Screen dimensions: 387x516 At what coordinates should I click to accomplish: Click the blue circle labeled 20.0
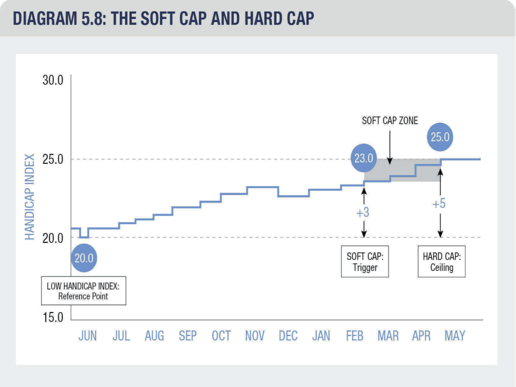[x=84, y=258]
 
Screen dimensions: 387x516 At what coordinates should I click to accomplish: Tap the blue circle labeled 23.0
[x=363, y=158]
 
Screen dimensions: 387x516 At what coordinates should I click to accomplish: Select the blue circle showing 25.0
[x=440, y=137]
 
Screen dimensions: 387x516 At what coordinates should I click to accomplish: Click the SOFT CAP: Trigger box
[x=365, y=262]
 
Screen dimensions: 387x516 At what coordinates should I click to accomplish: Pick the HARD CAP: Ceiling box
[x=441, y=262]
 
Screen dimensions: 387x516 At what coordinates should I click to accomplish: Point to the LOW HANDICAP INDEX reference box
[x=83, y=291]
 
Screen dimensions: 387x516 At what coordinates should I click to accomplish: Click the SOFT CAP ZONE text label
[x=390, y=121]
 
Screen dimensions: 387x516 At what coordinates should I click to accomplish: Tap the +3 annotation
[x=363, y=213]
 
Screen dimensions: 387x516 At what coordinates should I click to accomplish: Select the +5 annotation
[x=439, y=204]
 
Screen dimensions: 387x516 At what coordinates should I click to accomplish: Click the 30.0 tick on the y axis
[x=53, y=80]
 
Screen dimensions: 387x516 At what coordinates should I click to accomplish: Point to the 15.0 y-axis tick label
[x=53, y=317]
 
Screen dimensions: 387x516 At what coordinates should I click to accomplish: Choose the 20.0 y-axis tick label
[x=53, y=238]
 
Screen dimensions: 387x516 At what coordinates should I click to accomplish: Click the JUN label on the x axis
[x=88, y=336]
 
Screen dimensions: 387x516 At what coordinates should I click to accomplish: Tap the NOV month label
[x=255, y=336]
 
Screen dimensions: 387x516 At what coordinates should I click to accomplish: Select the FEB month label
[x=355, y=336]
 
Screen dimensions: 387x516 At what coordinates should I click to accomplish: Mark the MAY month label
[x=455, y=336]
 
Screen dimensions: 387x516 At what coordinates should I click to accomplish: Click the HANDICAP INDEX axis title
[x=30, y=197]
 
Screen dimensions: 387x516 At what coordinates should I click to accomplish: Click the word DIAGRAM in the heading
[x=45, y=18]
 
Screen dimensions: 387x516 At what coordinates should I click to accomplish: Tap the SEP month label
[x=187, y=336]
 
